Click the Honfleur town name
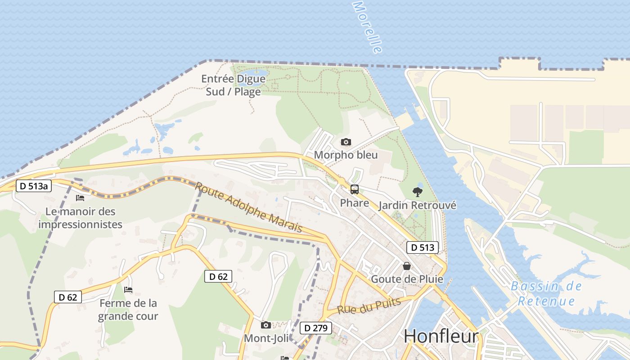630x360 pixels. point(441,336)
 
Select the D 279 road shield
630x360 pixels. point(316,328)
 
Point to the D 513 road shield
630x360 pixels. point(423,247)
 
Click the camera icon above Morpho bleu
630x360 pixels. point(346,142)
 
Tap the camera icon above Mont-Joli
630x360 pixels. point(266,325)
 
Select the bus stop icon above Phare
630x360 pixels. point(355,189)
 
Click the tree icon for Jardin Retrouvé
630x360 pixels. point(418,192)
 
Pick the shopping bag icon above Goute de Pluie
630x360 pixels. point(407,266)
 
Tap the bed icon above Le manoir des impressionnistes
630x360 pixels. point(80,198)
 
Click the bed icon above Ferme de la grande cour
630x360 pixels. point(128,290)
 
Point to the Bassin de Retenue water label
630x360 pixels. point(546,293)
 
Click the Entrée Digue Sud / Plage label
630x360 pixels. point(233,85)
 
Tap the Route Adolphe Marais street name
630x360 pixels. point(248,207)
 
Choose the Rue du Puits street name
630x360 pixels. point(369,306)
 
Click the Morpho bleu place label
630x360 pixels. point(346,155)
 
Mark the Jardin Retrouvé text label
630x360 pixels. point(417,206)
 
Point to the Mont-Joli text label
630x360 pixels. point(266,338)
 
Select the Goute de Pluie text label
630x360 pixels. point(407,279)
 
